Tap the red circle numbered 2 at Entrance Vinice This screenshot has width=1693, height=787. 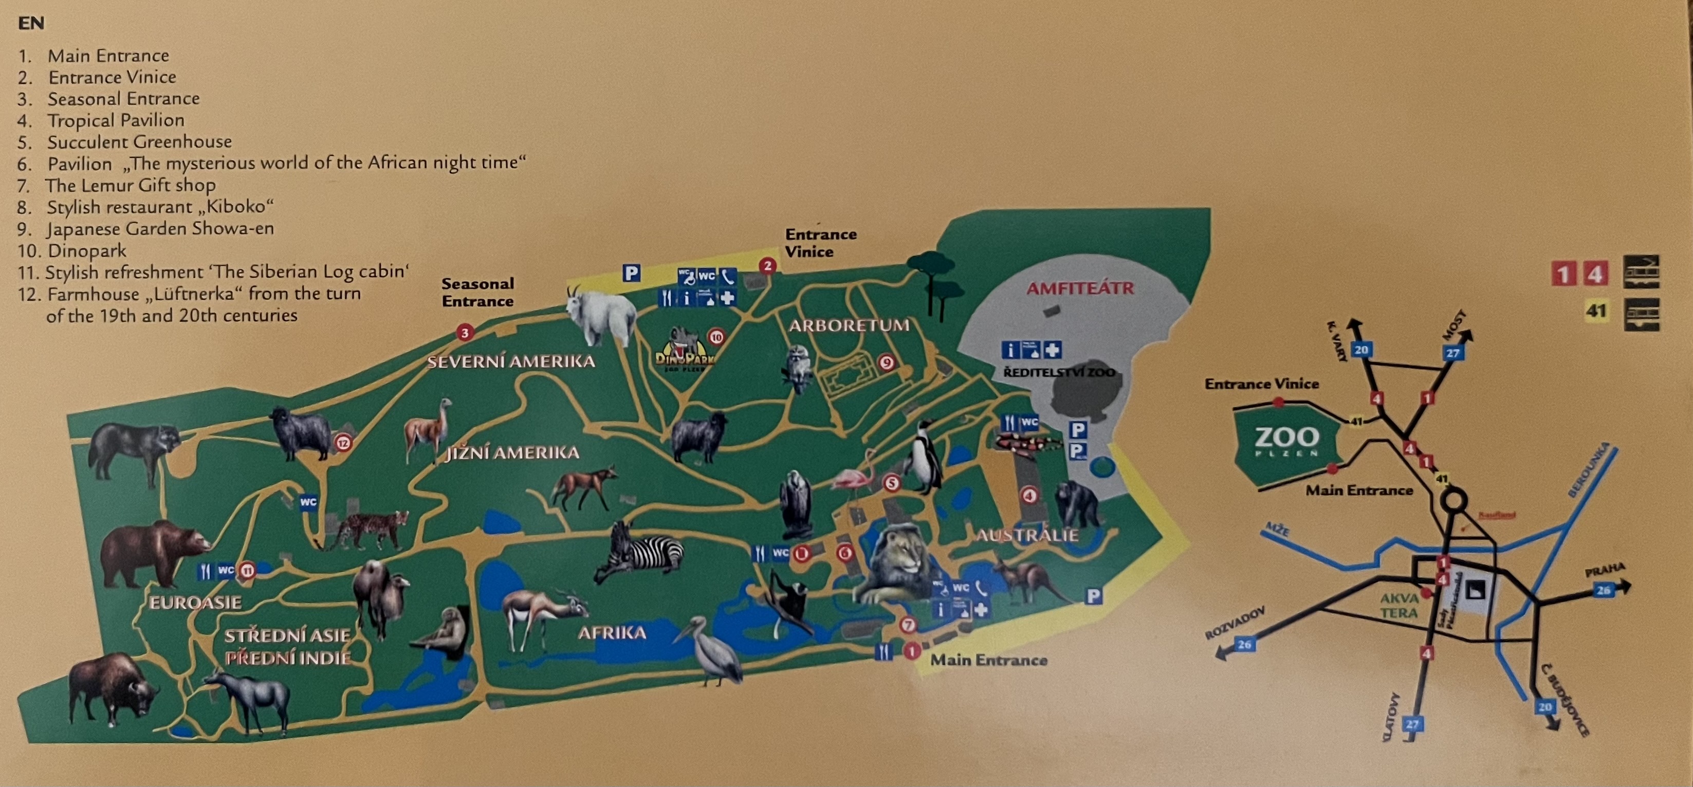point(767,266)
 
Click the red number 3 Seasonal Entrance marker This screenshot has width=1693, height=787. point(465,333)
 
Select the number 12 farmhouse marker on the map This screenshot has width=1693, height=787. point(343,443)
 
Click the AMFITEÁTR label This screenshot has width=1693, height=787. point(1080,288)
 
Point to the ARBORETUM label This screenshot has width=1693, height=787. point(849,325)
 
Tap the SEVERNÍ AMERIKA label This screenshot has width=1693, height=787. point(511,361)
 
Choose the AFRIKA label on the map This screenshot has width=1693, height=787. point(612,632)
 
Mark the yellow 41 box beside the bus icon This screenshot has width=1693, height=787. point(1596,310)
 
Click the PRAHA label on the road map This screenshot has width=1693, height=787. point(1604,570)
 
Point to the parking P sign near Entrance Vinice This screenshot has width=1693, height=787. point(631,272)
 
